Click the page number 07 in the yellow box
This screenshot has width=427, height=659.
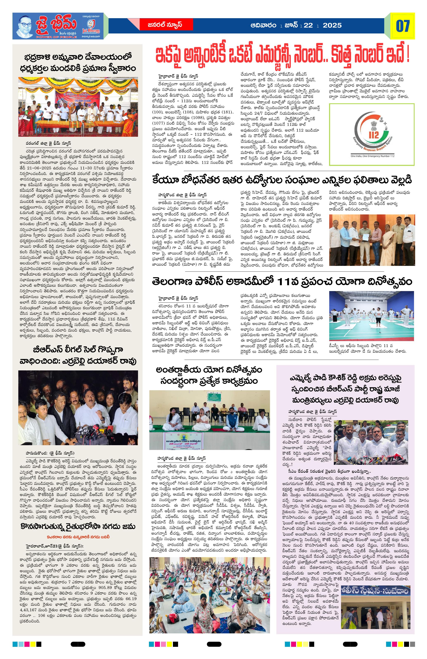click(x=402, y=26)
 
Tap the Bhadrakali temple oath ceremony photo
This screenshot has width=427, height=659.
click(x=78, y=107)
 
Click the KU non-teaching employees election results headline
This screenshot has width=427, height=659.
click(x=282, y=181)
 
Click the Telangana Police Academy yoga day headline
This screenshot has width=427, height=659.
click(x=282, y=282)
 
